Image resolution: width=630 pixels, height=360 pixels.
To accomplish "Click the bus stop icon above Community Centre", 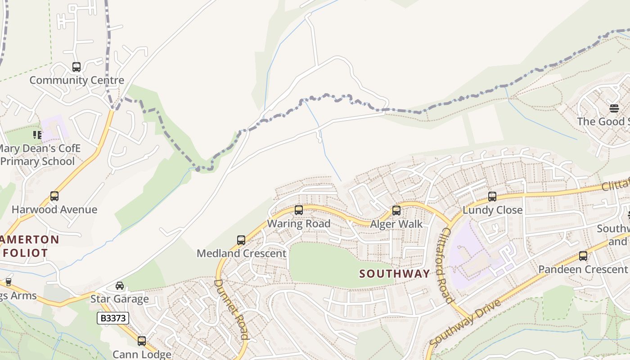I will click(x=76, y=67).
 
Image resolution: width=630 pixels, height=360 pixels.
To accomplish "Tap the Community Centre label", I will click(x=76, y=81).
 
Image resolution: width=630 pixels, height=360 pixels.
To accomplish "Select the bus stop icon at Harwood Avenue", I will click(x=54, y=196).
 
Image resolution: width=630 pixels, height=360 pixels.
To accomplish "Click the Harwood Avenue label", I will click(x=54, y=210).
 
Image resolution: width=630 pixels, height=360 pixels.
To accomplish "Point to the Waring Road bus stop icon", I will click(x=298, y=210).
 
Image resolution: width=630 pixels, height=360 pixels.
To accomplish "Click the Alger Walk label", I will click(x=396, y=224).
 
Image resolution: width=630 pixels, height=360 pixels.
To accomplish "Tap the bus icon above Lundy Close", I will click(x=492, y=197).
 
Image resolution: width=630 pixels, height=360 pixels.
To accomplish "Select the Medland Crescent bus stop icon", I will click(x=241, y=240).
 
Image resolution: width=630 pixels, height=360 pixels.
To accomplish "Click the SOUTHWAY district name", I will click(x=395, y=274).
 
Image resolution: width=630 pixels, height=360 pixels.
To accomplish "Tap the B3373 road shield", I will click(x=113, y=319).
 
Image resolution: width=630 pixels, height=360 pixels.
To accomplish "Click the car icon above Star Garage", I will click(x=120, y=286).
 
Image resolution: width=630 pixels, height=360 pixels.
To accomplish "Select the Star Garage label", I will click(x=120, y=299).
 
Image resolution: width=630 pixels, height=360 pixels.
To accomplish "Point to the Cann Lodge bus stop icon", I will click(x=142, y=341).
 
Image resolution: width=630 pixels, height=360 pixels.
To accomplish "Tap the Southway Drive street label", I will click(x=464, y=323).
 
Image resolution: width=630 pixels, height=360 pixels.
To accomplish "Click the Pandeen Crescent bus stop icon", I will click(x=583, y=256).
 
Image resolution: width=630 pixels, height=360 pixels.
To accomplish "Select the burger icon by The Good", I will click(x=614, y=108).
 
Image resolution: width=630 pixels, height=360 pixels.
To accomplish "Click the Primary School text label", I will click(x=38, y=162).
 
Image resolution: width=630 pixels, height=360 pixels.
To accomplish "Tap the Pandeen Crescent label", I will click(x=583, y=270).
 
